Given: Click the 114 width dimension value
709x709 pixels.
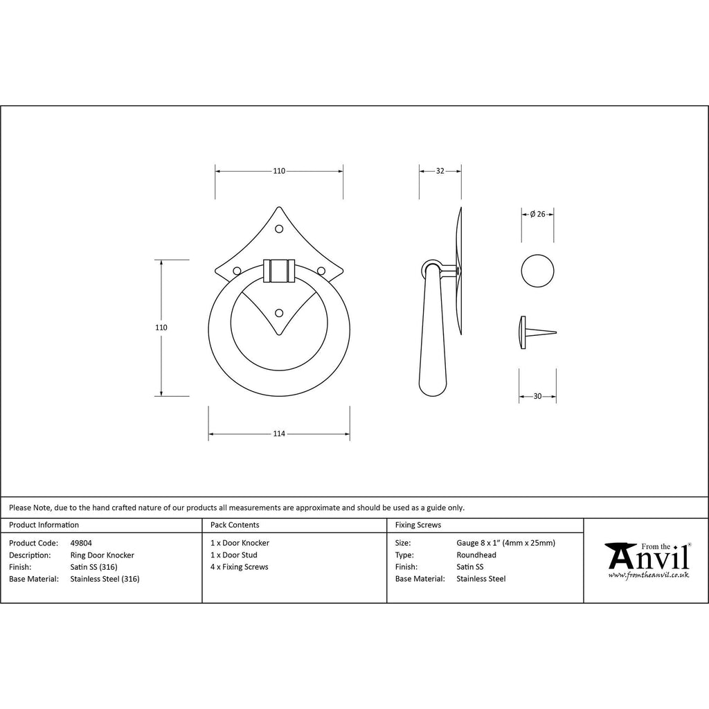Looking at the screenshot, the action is pyautogui.click(x=279, y=433).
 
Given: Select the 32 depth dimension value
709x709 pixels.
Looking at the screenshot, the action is pyautogui.click(x=440, y=171).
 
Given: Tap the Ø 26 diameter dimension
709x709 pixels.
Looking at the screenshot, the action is pyautogui.click(x=537, y=215).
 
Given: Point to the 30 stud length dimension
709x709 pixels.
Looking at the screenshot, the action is pyautogui.click(x=537, y=396).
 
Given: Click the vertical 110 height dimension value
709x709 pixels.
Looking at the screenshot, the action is pyautogui.click(x=161, y=327).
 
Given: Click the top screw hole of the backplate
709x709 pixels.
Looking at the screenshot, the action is pyautogui.click(x=279, y=229).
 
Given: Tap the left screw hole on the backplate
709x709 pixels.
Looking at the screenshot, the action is pyautogui.click(x=237, y=271).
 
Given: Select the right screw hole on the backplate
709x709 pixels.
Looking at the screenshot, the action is pyautogui.click(x=321, y=271).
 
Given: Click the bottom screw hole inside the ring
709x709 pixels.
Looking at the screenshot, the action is pyautogui.click(x=279, y=313).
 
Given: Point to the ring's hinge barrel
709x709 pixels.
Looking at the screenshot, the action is pyautogui.click(x=279, y=271).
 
